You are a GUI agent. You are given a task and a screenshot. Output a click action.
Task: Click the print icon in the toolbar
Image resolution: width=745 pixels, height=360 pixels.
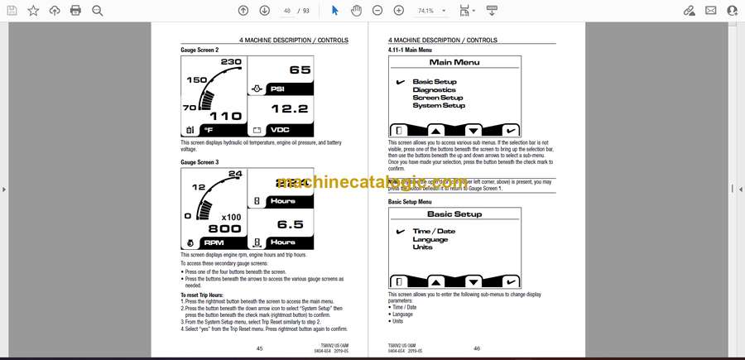76,11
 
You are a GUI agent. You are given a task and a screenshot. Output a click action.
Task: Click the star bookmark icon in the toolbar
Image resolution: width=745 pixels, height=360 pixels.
33,11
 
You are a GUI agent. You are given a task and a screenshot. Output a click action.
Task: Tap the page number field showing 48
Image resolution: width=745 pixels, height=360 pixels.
288,11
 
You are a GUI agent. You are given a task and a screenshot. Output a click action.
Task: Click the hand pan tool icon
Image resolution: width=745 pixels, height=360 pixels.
356,11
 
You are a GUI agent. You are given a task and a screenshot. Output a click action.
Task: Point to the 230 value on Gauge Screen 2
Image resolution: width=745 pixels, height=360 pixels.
231,62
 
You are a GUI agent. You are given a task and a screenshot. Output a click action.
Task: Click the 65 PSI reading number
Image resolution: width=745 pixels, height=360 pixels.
300,70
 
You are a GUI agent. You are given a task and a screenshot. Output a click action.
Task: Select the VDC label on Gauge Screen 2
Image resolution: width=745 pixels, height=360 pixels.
280,129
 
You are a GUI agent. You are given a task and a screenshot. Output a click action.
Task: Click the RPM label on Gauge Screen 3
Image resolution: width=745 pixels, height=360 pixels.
214,242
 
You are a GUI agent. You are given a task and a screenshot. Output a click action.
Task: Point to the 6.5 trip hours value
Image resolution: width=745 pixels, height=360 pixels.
290,223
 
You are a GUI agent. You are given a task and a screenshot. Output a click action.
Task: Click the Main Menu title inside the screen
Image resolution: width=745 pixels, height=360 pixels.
454,62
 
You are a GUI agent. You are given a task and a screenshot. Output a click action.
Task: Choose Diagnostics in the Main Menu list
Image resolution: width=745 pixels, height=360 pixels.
435,90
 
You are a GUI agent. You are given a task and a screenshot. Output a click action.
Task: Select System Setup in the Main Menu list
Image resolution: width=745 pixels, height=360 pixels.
439,105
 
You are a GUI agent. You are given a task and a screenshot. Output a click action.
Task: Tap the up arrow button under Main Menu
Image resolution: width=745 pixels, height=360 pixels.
435,131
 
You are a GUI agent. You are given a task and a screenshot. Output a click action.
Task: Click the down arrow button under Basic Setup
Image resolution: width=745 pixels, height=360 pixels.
473,282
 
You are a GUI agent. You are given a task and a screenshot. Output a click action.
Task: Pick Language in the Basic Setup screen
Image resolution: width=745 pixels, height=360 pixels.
430,239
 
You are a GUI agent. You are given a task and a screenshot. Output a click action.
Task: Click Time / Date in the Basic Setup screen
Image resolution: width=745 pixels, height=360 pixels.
434,232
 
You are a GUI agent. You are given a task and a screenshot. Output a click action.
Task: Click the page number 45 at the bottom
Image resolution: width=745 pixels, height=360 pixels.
259,348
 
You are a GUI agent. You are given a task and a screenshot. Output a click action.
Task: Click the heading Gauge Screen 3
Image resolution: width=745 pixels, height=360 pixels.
199,162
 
